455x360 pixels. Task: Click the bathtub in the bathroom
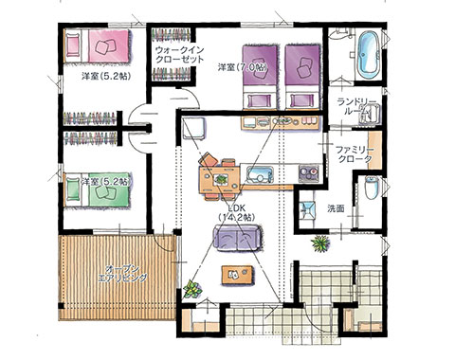point(368,54)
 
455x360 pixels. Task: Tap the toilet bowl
point(372,188)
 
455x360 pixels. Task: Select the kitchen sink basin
point(260,174)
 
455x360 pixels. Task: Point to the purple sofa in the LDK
point(237,238)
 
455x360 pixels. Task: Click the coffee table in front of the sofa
point(238,275)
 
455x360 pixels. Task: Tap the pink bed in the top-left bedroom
point(98,46)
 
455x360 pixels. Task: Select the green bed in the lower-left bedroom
point(98,189)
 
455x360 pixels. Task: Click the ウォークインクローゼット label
point(180,55)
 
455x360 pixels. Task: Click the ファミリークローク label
point(355,154)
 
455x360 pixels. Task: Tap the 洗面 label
point(336,209)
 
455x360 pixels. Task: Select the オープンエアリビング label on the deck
point(122,274)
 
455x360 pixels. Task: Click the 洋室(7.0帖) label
point(243,67)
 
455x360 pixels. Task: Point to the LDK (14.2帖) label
point(237,212)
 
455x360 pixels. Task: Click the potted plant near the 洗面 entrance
point(320,243)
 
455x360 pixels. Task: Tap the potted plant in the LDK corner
point(192,289)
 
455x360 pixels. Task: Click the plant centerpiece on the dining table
point(220,179)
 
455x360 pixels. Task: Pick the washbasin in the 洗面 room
point(307,210)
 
